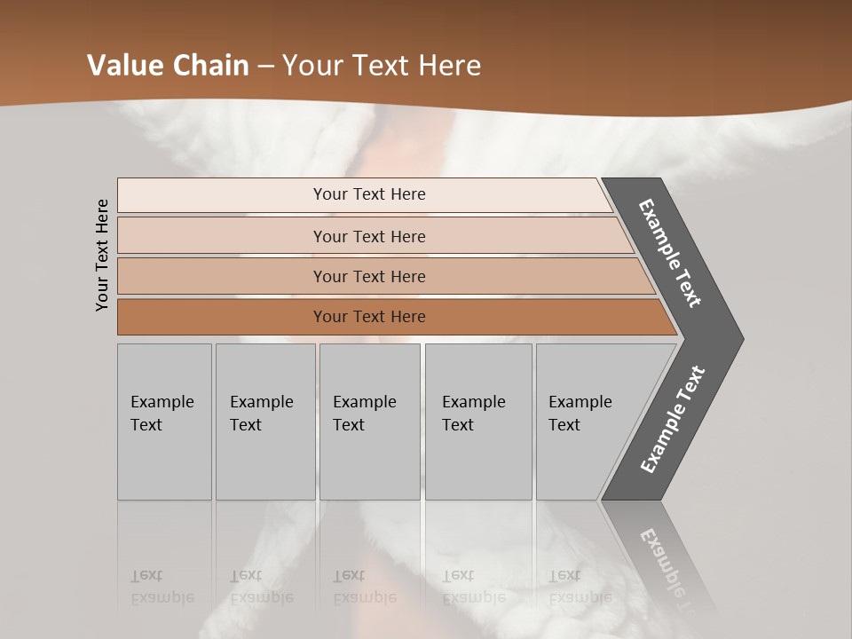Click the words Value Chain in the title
(x=168, y=65)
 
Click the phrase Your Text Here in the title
(x=382, y=65)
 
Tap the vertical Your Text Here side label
(x=103, y=255)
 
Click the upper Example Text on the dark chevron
(x=670, y=253)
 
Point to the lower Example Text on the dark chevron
(x=672, y=420)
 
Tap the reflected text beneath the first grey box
(x=162, y=587)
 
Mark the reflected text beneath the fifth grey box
(x=580, y=587)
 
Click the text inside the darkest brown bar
(x=369, y=317)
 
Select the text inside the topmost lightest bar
(x=369, y=194)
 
